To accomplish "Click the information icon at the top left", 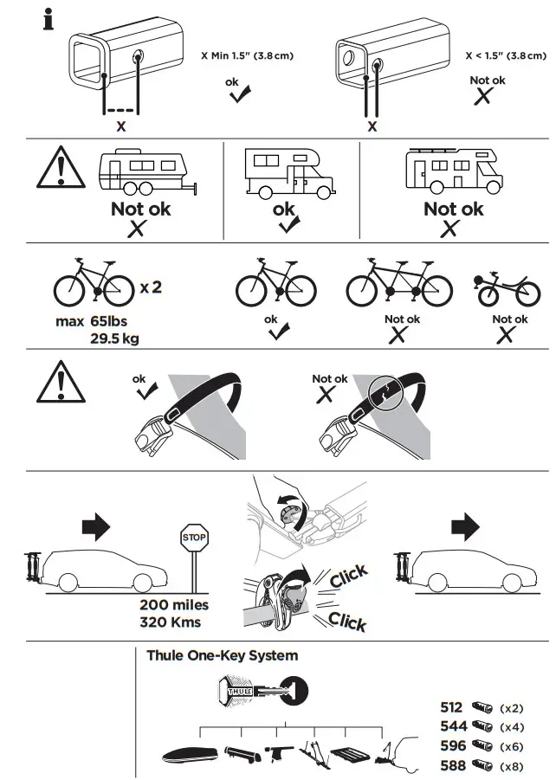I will click(x=48, y=19).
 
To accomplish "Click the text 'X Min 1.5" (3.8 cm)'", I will click(x=247, y=56).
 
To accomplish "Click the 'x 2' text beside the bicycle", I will click(x=151, y=287).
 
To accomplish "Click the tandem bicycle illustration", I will click(x=398, y=281).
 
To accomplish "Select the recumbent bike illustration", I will click(x=509, y=290).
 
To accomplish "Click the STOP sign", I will click(x=195, y=538).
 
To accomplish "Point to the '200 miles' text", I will click(x=174, y=605).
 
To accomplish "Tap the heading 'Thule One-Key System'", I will click(x=222, y=655).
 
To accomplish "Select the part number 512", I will click(x=452, y=707).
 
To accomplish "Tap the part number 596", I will click(x=452, y=745).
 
